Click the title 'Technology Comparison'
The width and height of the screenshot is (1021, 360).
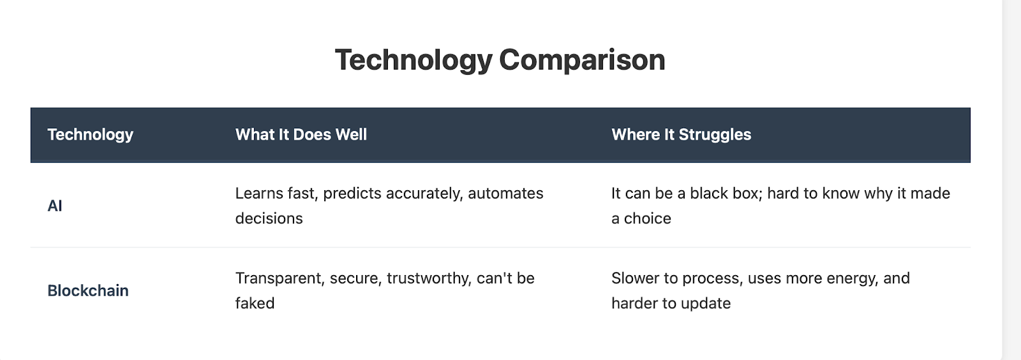pos(500,60)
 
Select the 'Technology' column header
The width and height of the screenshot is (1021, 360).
pos(90,135)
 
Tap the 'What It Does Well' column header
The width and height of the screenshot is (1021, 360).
pos(301,135)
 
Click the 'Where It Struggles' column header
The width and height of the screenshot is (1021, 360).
pos(681,135)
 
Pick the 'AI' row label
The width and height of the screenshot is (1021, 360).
pos(55,206)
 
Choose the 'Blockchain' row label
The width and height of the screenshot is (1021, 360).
pos(88,290)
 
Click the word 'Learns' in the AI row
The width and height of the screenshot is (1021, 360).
pos(259,193)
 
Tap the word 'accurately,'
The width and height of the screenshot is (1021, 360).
pos(424,194)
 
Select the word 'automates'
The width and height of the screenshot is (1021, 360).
pos(505,193)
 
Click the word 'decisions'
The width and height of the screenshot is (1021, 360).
pos(269,219)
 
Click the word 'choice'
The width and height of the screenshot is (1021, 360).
pos(647,219)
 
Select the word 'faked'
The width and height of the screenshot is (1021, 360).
pos(255,303)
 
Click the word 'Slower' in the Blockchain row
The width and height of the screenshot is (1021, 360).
pos(635,278)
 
